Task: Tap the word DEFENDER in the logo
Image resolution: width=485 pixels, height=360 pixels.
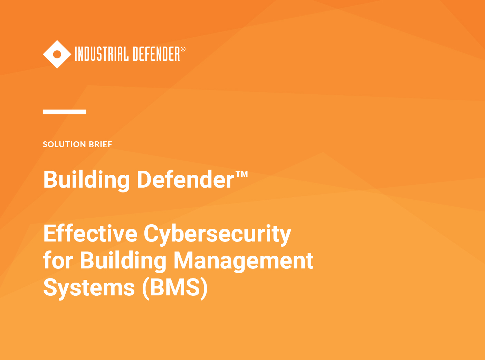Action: click(x=156, y=54)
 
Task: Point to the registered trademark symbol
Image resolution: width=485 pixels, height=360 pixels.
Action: click(x=183, y=49)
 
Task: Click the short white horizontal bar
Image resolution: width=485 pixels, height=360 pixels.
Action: click(x=64, y=112)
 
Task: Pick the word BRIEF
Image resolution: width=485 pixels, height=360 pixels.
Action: click(x=101, y=144)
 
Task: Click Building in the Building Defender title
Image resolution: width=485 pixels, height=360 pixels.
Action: click(x=86, y=180)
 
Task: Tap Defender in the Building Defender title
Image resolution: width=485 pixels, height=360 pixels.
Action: click(x=186, y=180)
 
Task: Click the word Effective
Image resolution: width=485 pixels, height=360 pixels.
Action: click(x=90, y=234)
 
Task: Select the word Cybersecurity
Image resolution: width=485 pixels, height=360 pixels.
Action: click(x=217, y=234)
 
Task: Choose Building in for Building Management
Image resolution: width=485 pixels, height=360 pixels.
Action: click(x=123, y=260)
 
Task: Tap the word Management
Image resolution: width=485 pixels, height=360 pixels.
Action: click(x=243, y=260)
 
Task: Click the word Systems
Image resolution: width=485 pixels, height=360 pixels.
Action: click(x=89, y=288)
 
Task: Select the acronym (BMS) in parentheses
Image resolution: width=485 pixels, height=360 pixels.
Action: click(x=175, y=287)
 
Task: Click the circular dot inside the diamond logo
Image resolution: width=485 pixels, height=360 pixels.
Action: click(x=57, y=54)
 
